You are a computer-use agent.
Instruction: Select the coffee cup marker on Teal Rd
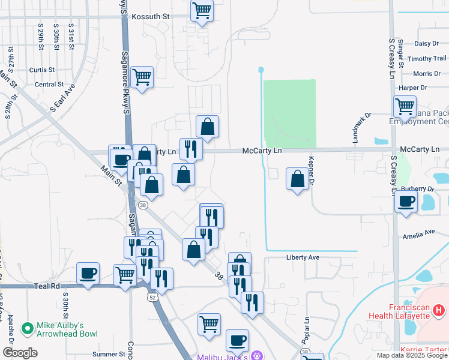coord(88,274)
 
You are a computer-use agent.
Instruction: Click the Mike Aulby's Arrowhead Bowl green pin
coord(26,328)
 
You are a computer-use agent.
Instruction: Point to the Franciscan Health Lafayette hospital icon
coord(439,311)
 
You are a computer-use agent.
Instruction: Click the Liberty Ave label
coord(303,257)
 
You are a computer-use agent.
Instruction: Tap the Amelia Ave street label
coord(418,233)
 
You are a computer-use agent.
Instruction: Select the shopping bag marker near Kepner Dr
coord(297,179)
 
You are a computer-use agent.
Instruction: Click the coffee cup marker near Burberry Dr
coord(406,201)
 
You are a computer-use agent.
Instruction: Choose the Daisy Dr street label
coord(427,43)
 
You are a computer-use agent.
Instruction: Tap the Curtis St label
coord(42,70)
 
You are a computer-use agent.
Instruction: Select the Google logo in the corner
coord(20,353)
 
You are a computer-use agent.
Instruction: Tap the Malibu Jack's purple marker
coord(257,355)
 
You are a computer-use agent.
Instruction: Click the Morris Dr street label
coord(427,74)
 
